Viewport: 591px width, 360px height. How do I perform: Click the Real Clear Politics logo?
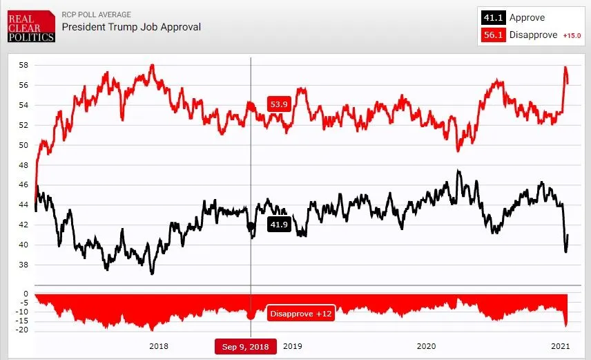coord(31,26)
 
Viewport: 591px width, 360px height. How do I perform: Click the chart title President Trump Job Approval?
coord(131,27)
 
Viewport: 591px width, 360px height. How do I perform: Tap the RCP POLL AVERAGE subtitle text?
coord(96,15)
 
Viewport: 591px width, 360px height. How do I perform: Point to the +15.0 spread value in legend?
coord(572,35)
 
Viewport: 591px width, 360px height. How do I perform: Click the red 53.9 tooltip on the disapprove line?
coord(279,105)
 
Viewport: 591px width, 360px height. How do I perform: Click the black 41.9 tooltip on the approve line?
coord(279,225)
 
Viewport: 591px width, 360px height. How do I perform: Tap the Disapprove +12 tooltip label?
coord(301,314)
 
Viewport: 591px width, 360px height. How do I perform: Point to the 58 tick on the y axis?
coord(23,65)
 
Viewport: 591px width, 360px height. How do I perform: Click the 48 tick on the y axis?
coord(23,165)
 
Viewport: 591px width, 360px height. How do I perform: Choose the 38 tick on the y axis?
coord(23,265)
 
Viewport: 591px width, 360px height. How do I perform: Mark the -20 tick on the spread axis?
coord(21,330)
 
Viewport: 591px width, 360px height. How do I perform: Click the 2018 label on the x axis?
coord(158,346)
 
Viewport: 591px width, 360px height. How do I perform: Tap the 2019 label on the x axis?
coord(292,346)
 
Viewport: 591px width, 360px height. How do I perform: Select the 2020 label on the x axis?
coord(426,346)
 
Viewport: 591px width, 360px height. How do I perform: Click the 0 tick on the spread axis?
coord(26,294)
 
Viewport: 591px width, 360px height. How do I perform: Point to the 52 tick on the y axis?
coord(23,125)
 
